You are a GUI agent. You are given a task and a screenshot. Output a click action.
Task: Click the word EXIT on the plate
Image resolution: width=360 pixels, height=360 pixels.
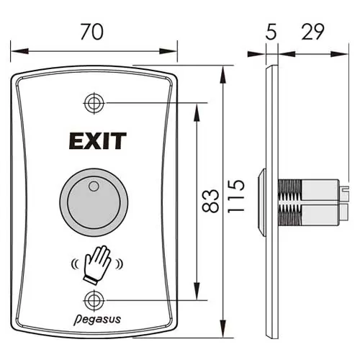click(97, 140)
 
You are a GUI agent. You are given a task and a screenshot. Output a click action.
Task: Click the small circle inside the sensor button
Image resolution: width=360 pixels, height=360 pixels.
click(91, 187)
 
